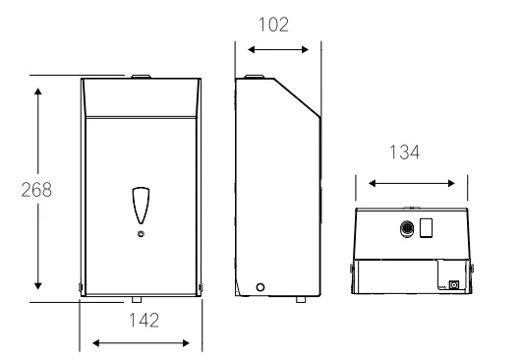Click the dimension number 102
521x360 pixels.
pyautogui.click(x=274, y=25)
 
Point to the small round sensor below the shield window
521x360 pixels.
pyautogui.click(x=141, y=234)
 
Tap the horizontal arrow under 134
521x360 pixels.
pyautogui.click(x=411, y=182)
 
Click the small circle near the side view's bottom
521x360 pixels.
pyautogui.click(x=260, y=287)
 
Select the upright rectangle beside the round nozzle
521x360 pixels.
pyautogui.click(x=427, y=229)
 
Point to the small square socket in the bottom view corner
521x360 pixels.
pyautogui.click(x=453, y=285)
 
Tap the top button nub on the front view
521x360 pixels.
pyautogui.click(x=141, y=76)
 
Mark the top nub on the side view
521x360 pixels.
pyautogui.click(x=255, y=76)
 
